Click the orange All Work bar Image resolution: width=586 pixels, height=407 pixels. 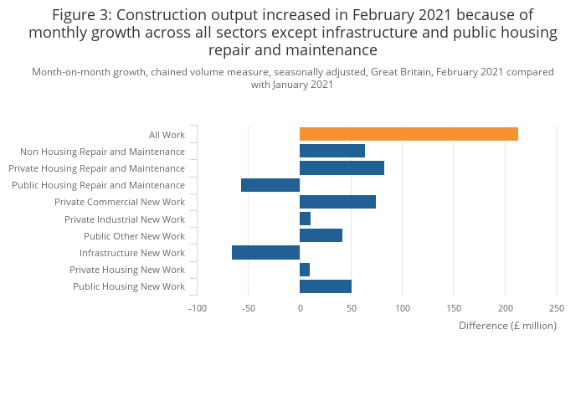coord(409,134)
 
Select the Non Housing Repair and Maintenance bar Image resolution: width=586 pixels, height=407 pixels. coord(332,151)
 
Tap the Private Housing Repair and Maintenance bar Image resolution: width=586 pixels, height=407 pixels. coord(342,168)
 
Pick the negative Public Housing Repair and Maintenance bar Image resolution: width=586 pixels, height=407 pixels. coord(270,185)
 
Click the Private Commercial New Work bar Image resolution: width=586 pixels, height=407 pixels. coord(337,202)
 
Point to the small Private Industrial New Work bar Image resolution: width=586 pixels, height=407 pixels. coord(305,219)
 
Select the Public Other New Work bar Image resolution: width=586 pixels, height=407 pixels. coord(321,235)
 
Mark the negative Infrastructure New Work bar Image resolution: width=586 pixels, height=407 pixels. coord(265,253)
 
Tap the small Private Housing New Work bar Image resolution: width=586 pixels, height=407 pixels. coord(305,270)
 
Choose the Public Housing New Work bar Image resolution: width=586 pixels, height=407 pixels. coord(326,286)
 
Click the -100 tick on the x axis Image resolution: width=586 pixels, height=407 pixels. coord(197,308)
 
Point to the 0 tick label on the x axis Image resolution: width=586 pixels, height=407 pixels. coord(300,308)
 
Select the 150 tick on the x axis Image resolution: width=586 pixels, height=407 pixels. coord(454,308)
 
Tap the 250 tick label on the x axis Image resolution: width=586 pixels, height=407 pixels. coord(557,308)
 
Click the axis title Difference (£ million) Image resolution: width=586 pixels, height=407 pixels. coord(507,325)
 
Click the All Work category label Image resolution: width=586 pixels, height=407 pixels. coord(167,135)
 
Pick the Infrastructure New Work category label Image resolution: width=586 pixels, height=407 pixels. coord(132,253)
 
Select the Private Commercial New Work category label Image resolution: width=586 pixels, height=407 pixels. coord(120,202)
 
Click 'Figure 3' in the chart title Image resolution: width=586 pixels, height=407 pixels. coord(83,15)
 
